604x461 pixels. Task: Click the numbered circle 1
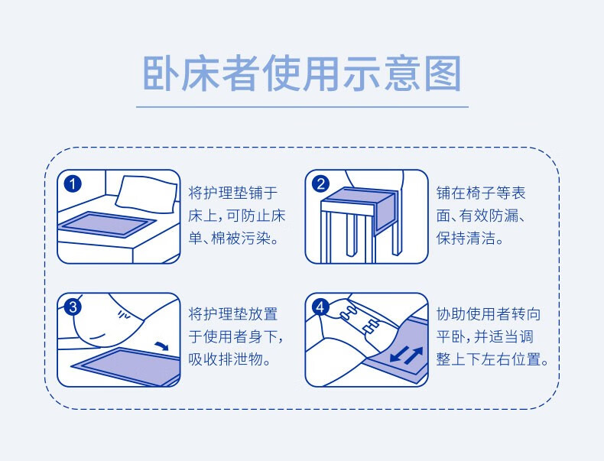click(72, 183)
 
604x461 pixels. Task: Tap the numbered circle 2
click(320, 183)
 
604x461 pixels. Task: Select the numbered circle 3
click(73, 307)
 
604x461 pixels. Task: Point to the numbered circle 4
click(320, 307)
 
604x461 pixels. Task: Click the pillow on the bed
click(146, 194)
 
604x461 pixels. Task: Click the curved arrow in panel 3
click(161, 346)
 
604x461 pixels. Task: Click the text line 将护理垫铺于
click(233, 193)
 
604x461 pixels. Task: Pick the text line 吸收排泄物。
click(229, 359)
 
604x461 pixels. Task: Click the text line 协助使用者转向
click(489, 314)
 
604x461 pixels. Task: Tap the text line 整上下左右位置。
click(492, 359)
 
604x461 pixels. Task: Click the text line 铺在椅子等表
click(481, 193)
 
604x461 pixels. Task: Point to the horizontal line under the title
click(303, 107)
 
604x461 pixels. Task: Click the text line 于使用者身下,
click(236, 336)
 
